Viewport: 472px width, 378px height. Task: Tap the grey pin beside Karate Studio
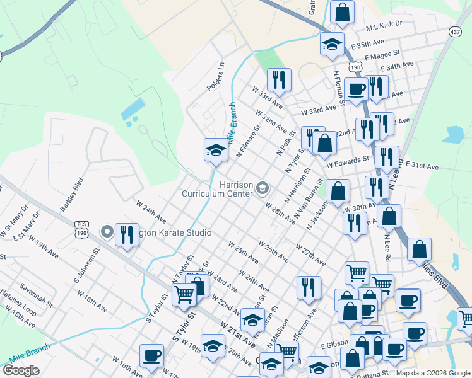pos(107,232)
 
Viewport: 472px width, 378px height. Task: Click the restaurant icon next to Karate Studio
pos(127,234)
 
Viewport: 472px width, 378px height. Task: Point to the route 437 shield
pos(456,31)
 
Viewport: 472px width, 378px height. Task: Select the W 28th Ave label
pos(280,214)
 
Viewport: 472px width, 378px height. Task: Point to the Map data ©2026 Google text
pos(432,373)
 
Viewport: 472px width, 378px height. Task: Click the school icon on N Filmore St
pos(216,150)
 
